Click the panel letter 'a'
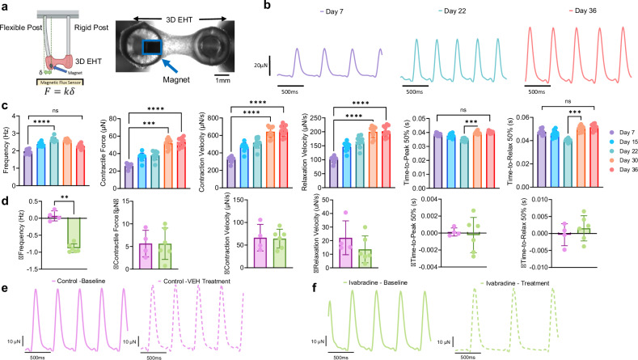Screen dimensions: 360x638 click(6, 7)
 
